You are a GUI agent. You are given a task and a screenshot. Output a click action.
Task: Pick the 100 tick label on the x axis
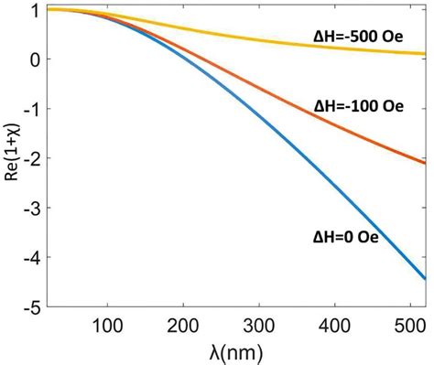coord(108,324)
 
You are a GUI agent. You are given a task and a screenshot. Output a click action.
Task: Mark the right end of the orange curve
coord(427,163)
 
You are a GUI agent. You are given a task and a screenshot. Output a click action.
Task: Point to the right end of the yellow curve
coord(427,54)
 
